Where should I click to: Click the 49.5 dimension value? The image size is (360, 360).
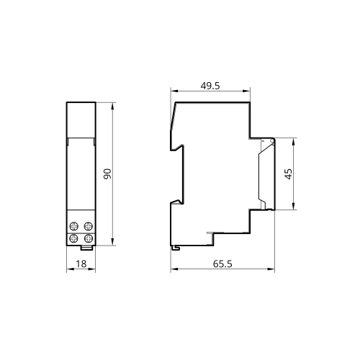(210, 86)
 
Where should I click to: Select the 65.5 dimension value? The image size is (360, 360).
(222, 264)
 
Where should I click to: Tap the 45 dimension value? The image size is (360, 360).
(289, 174)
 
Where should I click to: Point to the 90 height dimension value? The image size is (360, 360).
(107, 174)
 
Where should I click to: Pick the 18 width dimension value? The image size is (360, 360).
(81, 264)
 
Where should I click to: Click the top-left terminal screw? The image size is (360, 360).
(73, 226)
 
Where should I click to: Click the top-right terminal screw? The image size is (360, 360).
(89, 226)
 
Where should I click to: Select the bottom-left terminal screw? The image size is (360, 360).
(73, 238)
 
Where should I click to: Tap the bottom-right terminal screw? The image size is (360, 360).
(89, 238)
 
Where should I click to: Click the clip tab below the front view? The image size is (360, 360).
(86, 248)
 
